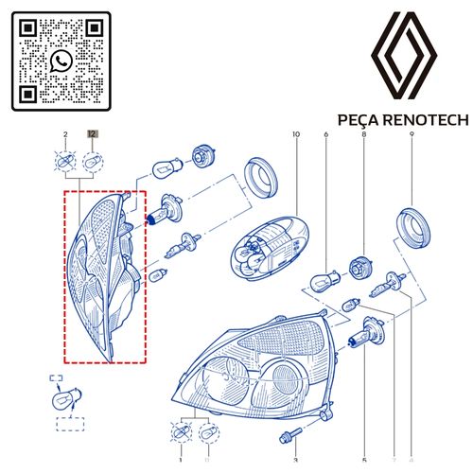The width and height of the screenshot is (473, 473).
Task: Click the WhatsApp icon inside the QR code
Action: tap(61, 61)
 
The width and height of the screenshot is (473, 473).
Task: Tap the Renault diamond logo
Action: tap(404, 56)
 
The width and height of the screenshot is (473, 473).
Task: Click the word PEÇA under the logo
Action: tap(358, 120)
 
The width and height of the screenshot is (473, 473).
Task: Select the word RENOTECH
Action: tap(425, 120)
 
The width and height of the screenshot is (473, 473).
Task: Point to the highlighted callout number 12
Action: tap(93, 134)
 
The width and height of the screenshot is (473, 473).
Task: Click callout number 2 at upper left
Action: tap(65, 134)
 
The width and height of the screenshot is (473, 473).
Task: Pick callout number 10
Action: tap(296, 134)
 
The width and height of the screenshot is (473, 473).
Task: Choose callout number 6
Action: tap(326, 134)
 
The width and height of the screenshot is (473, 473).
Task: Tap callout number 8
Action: tap(364, 134)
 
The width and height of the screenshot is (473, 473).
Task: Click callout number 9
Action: tap(412, 134)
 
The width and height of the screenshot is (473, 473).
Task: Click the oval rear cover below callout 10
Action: tap(270, 248)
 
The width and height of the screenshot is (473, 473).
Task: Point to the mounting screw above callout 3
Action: tap(290, 435)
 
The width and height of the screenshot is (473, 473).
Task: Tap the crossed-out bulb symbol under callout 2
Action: tap(65, 162)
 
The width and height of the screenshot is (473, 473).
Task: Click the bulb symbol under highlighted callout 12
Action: tap(93, 163)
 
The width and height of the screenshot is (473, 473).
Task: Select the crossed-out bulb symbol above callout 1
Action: tap(182, 432)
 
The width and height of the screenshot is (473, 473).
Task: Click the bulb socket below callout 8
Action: tap(360, 269)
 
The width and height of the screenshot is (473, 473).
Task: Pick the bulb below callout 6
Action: tap(324, 282)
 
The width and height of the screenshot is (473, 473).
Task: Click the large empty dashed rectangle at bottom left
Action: tap(70, 424)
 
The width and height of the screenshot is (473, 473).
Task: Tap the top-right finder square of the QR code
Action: tap(95, 28)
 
